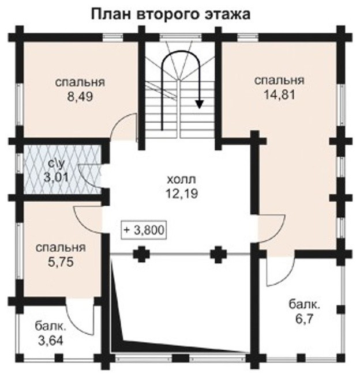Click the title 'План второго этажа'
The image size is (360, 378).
(x=171, y=15)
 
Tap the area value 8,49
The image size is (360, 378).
(x=80, y=97)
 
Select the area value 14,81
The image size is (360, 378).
(x=279, y=94)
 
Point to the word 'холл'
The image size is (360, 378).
(x=182, y=180)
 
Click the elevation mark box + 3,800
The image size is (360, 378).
(x=145, y=230)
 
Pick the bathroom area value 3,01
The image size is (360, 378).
(x=56, y=177)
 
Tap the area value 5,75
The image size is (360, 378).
(x=61, y=262)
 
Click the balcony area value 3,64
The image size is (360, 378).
(x=50, y=341)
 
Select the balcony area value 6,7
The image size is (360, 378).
(x=304, y=320)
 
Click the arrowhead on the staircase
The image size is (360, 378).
(x=199, y=104)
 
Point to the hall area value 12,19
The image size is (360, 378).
(x=182, y=194)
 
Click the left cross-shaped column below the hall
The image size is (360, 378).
(x=141, y=254)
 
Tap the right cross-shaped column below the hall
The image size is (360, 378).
(x=219, y=254)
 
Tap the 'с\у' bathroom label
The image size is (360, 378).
(x=57, y=164)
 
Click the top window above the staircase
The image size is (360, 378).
(x=181, y=37)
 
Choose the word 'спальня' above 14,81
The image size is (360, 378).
(x=279, y=80)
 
